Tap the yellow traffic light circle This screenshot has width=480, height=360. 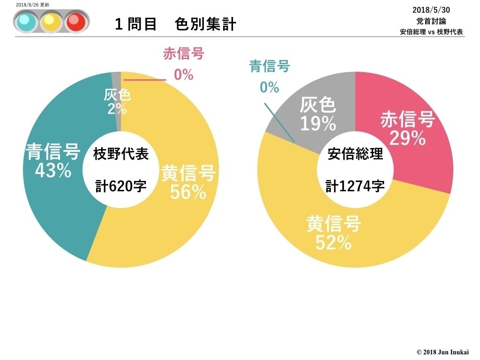pyautogui.click(x=51, y=22)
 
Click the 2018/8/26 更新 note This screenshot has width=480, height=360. pyautogui.click(x=32, y=4)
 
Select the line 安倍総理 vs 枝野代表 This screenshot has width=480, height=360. pyautogui.click(x=431, y=32)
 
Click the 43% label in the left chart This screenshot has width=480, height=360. pyautogui.click(x=52, y=171)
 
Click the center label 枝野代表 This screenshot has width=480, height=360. pyautogui.click(x=121, y=154)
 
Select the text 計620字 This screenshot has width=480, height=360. pyautogui.click(x=121, y=186)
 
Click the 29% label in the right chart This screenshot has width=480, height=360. pyautogui.click(x=407, y=138)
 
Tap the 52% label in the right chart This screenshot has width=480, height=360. pyautogui.click(x=333, y=242)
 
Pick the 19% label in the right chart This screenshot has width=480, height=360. pyautogui.click(x=318, y=124)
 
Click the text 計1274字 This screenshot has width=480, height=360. pyautogui.click(x=355, y=186)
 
